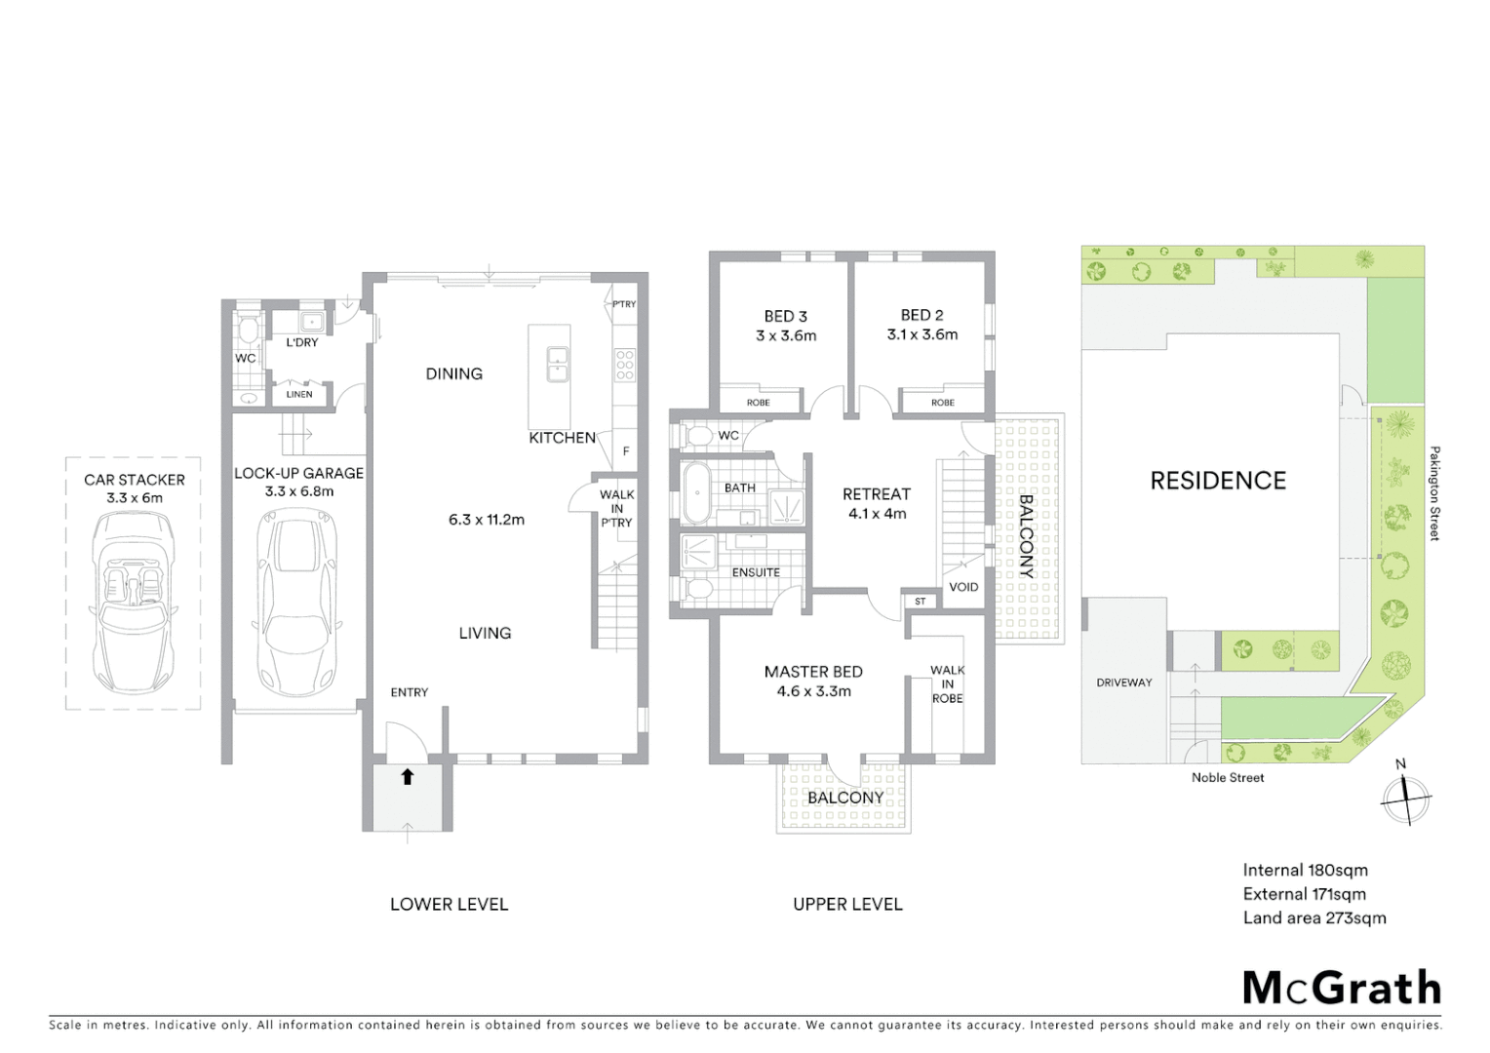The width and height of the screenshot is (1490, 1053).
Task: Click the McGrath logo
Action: pos(1342,988)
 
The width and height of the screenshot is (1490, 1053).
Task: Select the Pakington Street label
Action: pos(1434,493)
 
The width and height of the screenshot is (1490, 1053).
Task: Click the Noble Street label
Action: pos(1228,777)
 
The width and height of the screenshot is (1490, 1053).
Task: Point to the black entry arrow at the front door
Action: pos(408,776)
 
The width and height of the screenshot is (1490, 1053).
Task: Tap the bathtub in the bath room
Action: pos(696,493)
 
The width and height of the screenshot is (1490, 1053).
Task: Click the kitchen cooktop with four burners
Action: pos(624,364)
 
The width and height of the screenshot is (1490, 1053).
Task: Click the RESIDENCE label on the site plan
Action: pos(1218,481)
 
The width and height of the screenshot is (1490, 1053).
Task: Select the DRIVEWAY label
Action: pos(1124,682)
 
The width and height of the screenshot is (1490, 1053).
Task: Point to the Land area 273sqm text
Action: pos(1314,917)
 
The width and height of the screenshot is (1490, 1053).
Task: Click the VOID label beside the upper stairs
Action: pos(963,587)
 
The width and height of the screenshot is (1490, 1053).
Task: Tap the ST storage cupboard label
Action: pos(920,602)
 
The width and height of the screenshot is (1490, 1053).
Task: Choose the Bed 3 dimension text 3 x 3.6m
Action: pos(786,335)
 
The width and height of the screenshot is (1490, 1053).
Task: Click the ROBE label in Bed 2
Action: pos(942,403)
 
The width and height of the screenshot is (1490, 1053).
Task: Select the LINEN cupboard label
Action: pos(299,394)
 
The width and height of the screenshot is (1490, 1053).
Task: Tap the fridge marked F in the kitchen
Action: pos(625,451)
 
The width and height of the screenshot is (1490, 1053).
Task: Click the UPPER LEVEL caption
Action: pos(847,904)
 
